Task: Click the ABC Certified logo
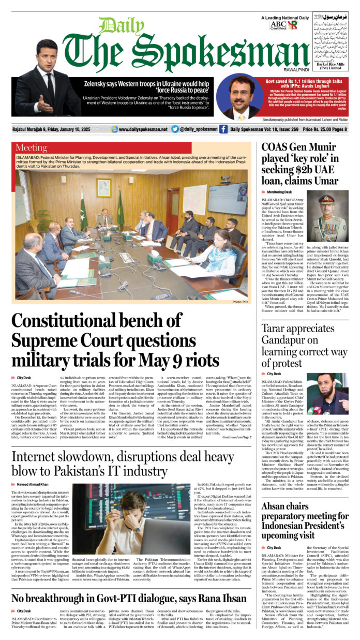point(278,25)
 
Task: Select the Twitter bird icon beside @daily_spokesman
point(175,129)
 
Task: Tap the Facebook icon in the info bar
point(223,129)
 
